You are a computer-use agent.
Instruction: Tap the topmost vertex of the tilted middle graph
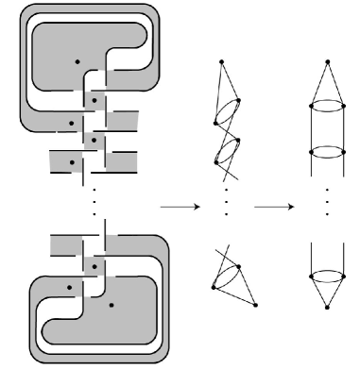pyautogui.click(x=221, y=61)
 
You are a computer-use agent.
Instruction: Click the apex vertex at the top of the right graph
pyautogui.click(x=326, y=62)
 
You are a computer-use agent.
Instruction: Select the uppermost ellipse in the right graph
pyautogui.click(x=326, y=107)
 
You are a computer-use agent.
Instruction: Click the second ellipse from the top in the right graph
pyautogui.click(x=326, y=151)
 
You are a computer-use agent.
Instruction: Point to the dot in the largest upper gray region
pyautogui.click(x=77, y=62)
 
